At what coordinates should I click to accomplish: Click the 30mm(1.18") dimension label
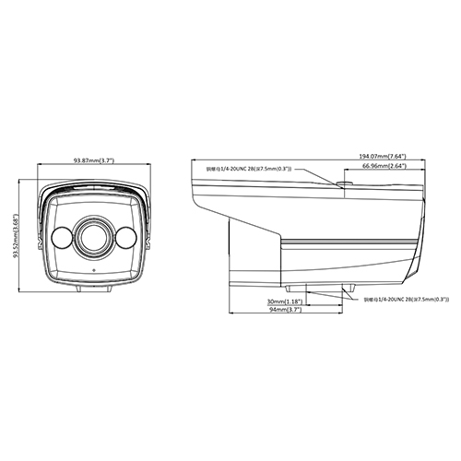tap(282, 301)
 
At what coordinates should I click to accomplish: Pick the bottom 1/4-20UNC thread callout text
tap(406, 300)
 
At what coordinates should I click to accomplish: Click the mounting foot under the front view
tap(92, 288)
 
